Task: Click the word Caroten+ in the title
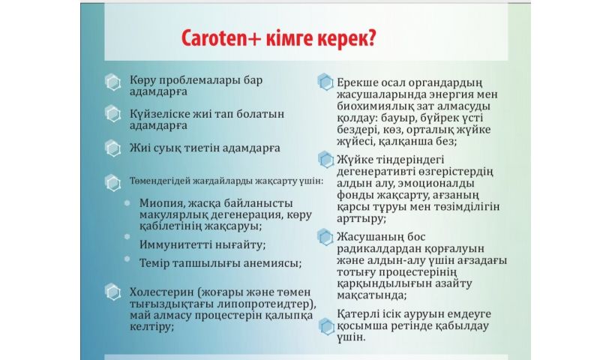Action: click(221, 38)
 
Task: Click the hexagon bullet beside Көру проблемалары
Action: click(112, 82)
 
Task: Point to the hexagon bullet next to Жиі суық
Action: click(112, 148)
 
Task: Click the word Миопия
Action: click(160, 203)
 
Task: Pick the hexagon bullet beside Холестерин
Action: click(112, 292)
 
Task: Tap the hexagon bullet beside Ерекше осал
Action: click(325, 82)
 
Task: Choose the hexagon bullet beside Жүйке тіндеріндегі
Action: click(325, 160)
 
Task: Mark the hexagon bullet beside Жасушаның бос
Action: click(325, 237)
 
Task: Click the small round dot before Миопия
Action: click(127, 203)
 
